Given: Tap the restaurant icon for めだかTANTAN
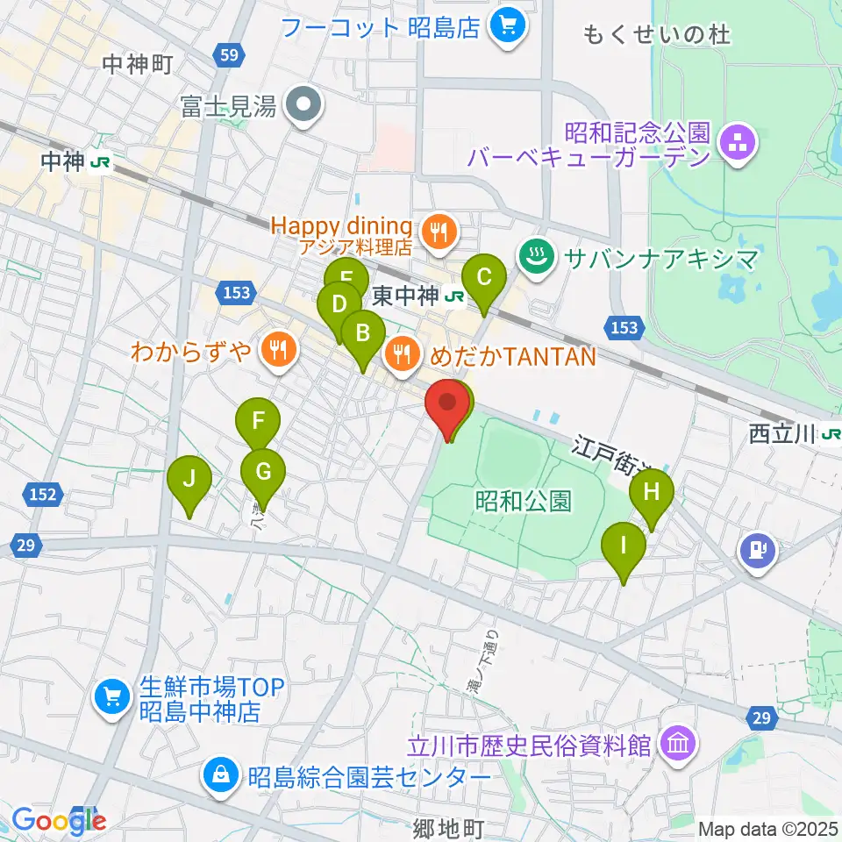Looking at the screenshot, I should point(403,353).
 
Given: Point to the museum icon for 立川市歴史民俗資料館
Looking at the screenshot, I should point(680,745).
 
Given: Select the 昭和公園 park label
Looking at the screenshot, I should point(524,501).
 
